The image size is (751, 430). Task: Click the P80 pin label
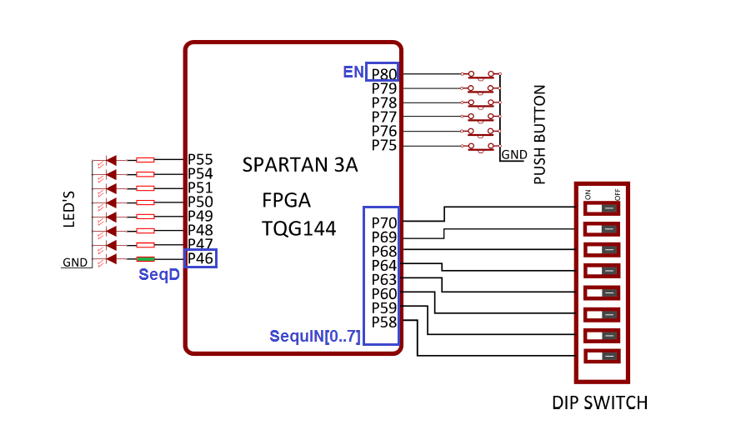tap(384, 74)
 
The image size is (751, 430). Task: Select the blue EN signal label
tap(353, 72)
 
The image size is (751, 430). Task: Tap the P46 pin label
tap(201, 258)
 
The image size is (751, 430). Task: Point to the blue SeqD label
tap(158, 275)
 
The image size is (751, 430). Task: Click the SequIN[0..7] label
tap(315, 337)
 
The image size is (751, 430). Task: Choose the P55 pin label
tap(200, 159)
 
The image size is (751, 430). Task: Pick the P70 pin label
tap(384, 223)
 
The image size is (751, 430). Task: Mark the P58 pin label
tap(384, 322)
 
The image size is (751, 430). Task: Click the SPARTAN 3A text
tap(300, 165)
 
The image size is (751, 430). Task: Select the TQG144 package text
tap(299, 228)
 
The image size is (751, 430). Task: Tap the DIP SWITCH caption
tap(599, 403)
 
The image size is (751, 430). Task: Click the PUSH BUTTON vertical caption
tap(539, 134)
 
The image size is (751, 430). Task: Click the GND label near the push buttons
tap(513, 155)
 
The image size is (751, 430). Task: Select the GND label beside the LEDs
tap(74, 262)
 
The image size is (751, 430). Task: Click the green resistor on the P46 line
tap(145, 259)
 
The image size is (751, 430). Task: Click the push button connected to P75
tap(481, 147)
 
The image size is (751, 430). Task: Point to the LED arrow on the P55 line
tap(111, 159)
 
